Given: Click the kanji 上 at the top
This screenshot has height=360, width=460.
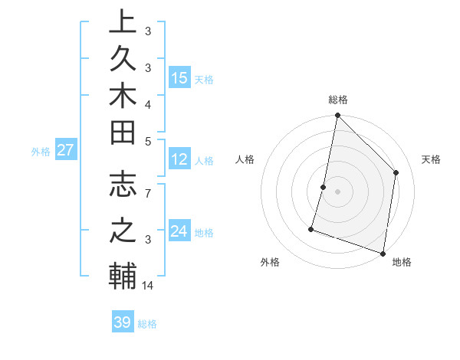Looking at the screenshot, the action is [x=123, y=23].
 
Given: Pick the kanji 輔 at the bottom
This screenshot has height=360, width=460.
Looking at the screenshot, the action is [x=123, y=275].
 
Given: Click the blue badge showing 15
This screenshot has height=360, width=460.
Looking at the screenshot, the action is [x=179, y=78].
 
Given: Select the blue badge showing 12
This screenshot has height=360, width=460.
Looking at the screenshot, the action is [x=179, y=159].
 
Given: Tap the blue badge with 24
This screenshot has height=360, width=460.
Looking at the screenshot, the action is [x=179, y=231].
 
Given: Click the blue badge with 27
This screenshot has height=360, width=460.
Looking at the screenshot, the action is [x=65, y=150].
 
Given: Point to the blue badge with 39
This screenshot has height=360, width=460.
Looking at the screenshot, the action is [x=122, y=322].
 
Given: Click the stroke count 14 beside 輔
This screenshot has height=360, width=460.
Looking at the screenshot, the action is [x=149, y=286].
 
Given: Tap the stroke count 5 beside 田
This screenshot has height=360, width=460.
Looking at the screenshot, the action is [x=149, y=141].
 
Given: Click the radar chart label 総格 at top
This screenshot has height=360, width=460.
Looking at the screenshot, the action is [x=337, y=100].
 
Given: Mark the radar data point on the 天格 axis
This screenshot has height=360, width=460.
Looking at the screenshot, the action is [x=396, y=172].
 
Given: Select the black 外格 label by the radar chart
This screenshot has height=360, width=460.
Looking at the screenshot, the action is [x=270, y=263].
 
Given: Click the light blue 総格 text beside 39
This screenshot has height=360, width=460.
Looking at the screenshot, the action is [x=148, y=324].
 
